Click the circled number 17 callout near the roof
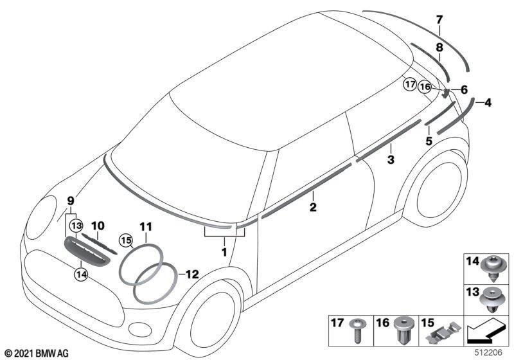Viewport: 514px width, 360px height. tap(410, 85)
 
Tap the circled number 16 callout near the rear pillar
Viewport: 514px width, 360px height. tap(425, 87)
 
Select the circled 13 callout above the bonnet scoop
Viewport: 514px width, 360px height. tap(76, 226)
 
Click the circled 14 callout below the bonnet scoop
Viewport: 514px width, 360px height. tap(81, 274)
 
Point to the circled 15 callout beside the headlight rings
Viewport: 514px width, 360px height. tap(126, 240)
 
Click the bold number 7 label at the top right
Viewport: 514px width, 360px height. tap(439, 20)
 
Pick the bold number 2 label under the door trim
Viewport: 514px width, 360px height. tap(313, 207)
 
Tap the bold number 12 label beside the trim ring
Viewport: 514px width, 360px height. tap(192, 274)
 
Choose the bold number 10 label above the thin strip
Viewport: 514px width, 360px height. tap(98, 226)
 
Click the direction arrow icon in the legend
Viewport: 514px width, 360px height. tap(486, 331)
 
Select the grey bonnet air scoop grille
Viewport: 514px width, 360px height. tap(86, 252)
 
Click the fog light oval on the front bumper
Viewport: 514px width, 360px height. tap(140, 329)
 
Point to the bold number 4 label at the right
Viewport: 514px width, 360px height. tap(488, 103)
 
